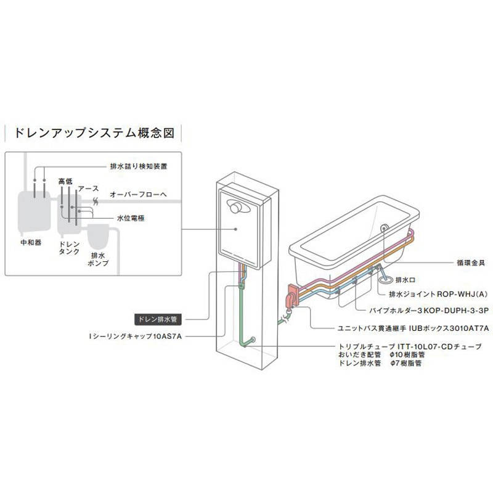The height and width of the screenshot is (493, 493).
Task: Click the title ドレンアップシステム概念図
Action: click(x=94, y=133)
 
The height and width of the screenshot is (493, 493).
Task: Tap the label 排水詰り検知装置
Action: click(x=139, y=166)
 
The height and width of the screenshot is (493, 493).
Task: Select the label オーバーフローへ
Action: click(x=138, y=194)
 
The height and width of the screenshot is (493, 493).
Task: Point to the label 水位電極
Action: click(x=131, y=218)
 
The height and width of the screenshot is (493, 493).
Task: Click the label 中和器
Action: click(x=31, y=242)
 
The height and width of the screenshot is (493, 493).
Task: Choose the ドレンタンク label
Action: click(x=70, y=248)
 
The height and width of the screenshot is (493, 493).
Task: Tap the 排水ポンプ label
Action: click(x=98, y=259)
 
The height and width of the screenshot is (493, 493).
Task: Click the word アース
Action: click(x=88, y=189)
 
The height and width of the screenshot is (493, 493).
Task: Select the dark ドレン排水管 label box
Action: click(x=158, y=319)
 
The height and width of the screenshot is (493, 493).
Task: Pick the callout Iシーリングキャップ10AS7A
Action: click(x=136, y=336)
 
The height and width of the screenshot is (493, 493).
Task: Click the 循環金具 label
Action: click(x=471, y=263)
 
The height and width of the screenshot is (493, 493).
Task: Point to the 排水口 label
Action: click(x=405, y=280)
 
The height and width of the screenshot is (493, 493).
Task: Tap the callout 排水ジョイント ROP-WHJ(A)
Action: click(x=438, y=295)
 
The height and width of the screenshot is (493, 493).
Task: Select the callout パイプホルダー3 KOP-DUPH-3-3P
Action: click(x=429, y=311)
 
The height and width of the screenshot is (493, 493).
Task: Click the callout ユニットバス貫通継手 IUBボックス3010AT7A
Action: click(x=413, y=328)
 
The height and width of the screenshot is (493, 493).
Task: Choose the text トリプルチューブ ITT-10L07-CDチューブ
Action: click(x=410, y=346)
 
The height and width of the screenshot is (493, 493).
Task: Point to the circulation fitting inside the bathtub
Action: click(x=384, y=228)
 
